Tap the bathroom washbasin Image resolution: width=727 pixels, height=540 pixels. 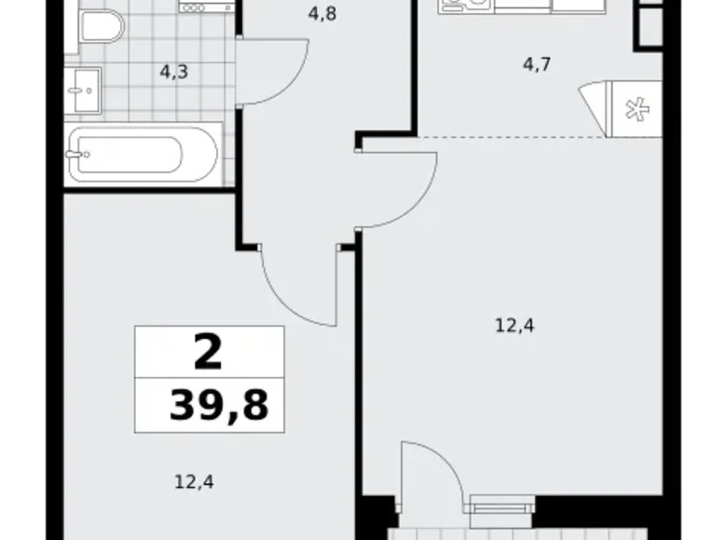[79, 88]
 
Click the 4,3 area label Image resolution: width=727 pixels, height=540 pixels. [174, 71]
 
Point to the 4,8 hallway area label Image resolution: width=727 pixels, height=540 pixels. [321, 14]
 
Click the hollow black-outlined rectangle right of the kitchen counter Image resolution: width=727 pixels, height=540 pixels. [649, 23]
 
